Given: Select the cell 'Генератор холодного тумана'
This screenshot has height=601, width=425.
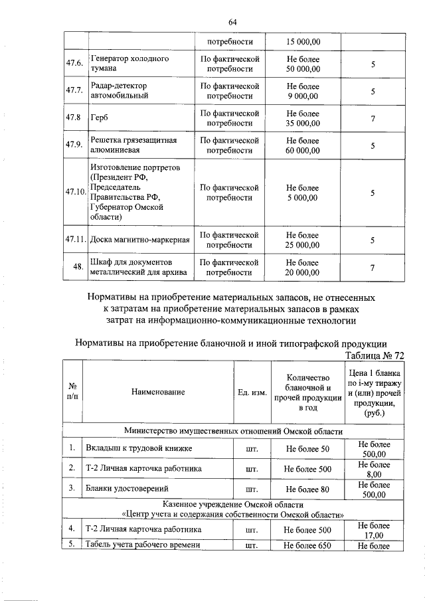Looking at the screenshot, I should tap(129, 64).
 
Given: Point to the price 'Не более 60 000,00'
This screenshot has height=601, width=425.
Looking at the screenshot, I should tap(302, 145).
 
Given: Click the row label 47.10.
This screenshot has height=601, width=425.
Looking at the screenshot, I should tap(76, 193).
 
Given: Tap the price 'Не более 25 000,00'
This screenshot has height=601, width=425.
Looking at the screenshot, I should tap(302, 240).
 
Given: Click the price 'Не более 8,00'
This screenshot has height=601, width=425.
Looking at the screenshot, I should tap(374, 470).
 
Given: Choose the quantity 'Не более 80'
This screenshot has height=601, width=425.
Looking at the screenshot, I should tap(307, 489).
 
